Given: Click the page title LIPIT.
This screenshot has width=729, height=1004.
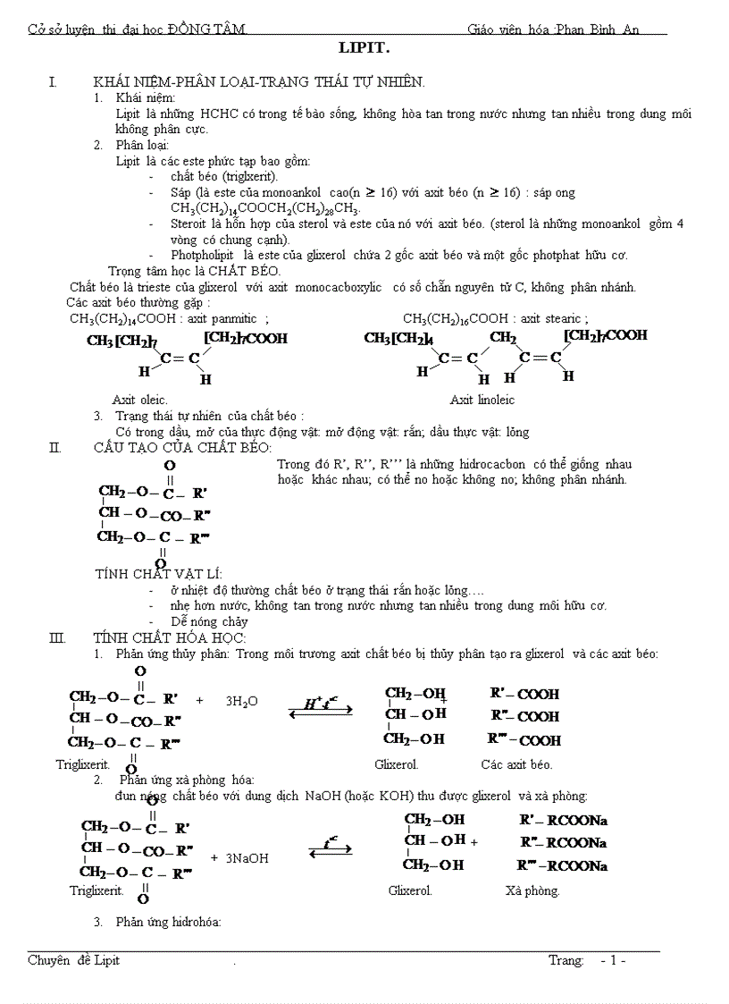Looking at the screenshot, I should tap(364, 49).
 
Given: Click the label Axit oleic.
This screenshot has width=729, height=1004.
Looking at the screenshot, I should tap(139, 400).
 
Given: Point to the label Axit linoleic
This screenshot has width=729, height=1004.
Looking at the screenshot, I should tap(482, 400).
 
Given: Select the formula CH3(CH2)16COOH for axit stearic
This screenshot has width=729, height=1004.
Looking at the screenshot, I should tap(458, 318).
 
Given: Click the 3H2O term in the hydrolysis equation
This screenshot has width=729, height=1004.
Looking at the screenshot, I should tap(241, 701).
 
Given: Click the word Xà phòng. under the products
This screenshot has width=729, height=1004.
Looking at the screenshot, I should tap(532, 890).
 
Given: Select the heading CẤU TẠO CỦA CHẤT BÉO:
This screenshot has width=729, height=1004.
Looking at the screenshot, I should tap(182, 448).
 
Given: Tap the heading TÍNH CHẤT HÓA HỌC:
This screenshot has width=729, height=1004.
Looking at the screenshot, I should tap(169, 638).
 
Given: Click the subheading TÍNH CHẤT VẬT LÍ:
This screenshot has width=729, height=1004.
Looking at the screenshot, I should tap(158, 574).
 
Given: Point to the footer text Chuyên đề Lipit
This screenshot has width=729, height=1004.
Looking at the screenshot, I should tap(73, 960).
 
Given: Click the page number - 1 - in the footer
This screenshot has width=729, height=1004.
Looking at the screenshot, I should tap(613, 960).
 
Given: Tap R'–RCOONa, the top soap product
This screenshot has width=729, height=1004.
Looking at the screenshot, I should tap(563, 819).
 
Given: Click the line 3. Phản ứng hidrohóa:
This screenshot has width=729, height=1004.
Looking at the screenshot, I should tap(157, 922).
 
